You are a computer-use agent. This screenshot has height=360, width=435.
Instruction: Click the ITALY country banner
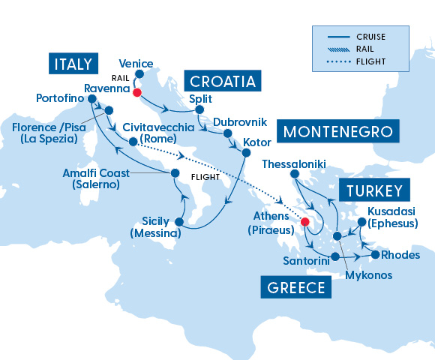tap(73, 64)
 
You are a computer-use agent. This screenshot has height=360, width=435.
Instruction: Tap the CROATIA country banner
tap(222, 81)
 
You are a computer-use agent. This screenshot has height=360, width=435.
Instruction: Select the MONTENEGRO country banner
tap(337, 133)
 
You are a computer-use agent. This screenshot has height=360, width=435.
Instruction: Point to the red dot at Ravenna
tap(136, 93)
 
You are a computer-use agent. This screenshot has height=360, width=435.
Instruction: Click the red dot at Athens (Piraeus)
tap(304, 222)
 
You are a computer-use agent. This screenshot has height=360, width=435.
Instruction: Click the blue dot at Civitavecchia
tap(133, 141)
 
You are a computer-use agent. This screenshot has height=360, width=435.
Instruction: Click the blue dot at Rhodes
tap(375, 255)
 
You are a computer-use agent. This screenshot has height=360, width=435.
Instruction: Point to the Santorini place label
tap(304, 259)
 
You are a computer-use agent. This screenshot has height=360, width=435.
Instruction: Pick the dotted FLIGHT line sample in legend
tap(340, 61)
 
